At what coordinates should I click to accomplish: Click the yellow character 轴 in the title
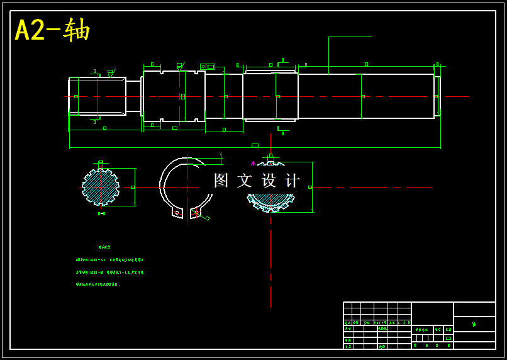coord(77,30)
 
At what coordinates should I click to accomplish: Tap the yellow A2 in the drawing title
coord(30,30)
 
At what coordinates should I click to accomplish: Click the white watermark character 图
coord(221,181)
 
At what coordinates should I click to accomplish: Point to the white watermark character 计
coord(293,181)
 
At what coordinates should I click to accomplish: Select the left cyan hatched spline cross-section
coord(101,187)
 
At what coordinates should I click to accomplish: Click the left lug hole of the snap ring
coord(177,213)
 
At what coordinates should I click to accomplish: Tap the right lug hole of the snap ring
coord(196,213)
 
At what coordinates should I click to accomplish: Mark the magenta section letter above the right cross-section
coord(253,163)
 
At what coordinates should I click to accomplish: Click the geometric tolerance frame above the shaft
coord(207,67)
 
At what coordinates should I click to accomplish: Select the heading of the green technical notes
coord(104,247)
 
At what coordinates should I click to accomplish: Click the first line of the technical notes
coord(109,259)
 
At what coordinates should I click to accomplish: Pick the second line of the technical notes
coord(109,273)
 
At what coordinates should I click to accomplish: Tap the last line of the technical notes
coord(97,284)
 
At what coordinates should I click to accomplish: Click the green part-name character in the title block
coord(474,324)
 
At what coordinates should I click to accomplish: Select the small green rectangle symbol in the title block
coord(448,338)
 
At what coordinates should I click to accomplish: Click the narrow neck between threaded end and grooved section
coord(133,96)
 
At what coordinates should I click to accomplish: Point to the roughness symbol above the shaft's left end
coord(111,73)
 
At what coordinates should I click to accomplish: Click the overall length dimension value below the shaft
coord(255,145)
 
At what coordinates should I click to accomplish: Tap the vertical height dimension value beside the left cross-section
coord(133,187)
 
